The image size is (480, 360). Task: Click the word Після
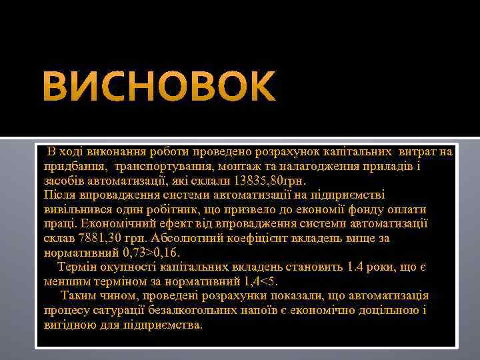(x=59, y=195)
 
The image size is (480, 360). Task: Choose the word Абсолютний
(x=186, y=239)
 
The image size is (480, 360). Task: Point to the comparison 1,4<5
(x=256, y=282)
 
